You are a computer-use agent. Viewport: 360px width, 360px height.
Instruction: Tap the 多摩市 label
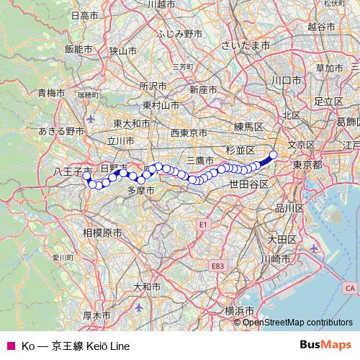coord(140,191)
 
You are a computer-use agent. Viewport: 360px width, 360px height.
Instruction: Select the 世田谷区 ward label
coord(249,184)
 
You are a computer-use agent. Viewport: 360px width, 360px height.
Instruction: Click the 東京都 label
coord(307,165)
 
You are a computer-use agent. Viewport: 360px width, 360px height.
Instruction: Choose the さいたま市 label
coord(246,45)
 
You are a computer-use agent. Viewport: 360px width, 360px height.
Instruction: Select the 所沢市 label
coord(153,86)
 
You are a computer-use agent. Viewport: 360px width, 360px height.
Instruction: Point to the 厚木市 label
coord(96,315)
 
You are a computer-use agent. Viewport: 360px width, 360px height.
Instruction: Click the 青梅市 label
coord(51,93)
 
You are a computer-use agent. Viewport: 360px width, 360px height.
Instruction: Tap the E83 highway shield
coord(218,266)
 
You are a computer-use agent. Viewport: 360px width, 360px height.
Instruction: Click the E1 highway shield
coord(204,225)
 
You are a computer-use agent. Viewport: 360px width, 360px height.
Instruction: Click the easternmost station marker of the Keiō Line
coord(274,154)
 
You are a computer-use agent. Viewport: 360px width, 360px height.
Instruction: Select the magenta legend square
coord(10,346)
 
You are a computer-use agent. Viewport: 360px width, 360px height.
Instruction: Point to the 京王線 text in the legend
coord(67,346)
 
